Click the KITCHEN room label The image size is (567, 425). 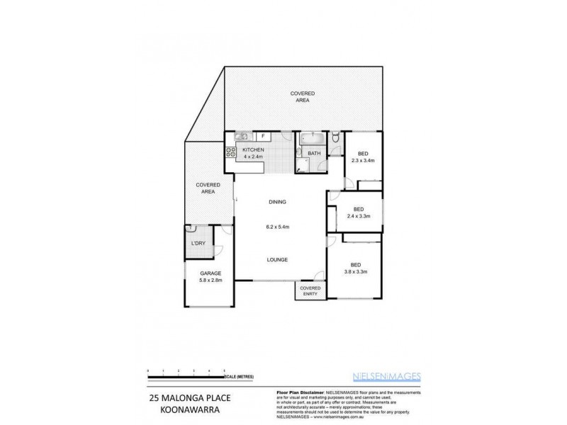pos(253,150)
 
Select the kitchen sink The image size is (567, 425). pos(241,136)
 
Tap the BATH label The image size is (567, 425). pos(313,153)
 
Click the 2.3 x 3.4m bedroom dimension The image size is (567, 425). pos(362,161)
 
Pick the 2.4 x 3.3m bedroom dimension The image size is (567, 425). pos(359,216)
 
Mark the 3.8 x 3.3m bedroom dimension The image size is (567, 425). pos(354,271)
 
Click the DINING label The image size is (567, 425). pos(277,202)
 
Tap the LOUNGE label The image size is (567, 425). pos(277,260)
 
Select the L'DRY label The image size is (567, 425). pos(198,244)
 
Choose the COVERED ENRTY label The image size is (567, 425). pos(310,291)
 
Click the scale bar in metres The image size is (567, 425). pos(187,372)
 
